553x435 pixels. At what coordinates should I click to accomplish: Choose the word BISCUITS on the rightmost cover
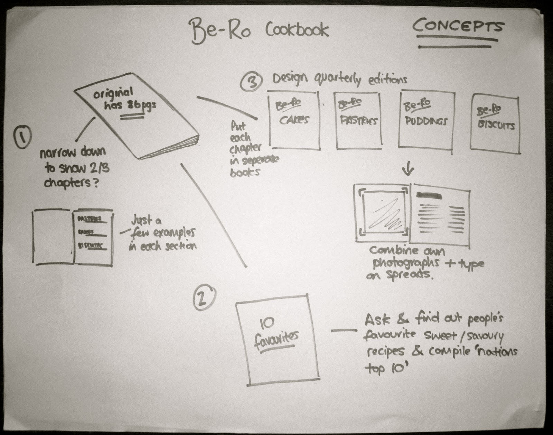point(496,124)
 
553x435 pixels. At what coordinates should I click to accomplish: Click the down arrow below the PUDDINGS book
point(409,169)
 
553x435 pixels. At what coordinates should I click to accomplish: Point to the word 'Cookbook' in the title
point(297,30)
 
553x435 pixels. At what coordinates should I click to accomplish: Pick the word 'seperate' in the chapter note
point(255,160)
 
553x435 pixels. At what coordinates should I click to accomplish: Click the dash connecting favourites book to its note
point(344,331)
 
